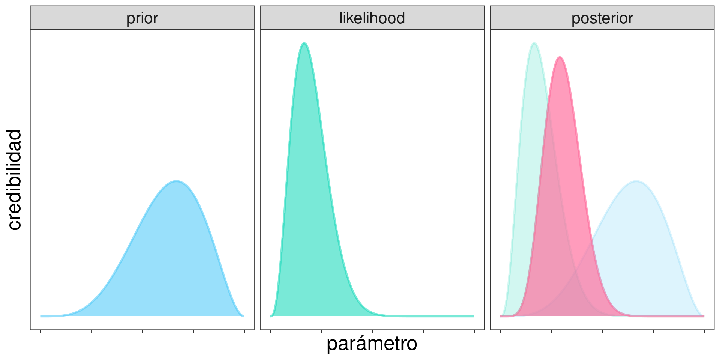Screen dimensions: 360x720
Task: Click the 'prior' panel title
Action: (x=142, y=18)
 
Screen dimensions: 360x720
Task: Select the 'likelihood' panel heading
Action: (x=372, y=18)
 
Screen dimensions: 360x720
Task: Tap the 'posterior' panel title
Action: (x=602, y=18)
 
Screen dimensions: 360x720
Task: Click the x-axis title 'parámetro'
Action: (x=372, y=343)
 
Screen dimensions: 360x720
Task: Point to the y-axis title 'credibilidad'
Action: (x=15, y=180)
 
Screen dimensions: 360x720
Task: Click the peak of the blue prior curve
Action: (x=176, y=181)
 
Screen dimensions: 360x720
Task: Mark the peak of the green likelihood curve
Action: (x=304, y=43)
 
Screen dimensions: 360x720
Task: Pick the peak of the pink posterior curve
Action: (x=559, y=57)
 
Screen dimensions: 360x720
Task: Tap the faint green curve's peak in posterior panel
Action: (x=534, y=43)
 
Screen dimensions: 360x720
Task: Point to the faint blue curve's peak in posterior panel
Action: (x=636, y=181)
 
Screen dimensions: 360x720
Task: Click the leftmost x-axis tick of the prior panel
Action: (x=40, y=331)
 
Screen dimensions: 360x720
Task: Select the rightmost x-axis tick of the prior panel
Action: (x=244, y=331)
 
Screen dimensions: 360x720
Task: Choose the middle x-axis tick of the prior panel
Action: (x=142, y=331)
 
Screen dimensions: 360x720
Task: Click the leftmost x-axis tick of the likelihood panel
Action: (x=270, y=331)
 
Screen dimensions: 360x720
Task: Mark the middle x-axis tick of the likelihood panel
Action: (x=372, y=331)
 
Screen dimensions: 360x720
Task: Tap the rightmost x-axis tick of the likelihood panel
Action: (x=474, y=331)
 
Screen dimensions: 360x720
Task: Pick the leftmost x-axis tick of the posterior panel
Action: (x=500, y=331)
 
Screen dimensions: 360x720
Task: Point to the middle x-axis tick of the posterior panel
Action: (x=602, y=331)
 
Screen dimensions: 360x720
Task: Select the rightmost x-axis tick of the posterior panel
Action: (x=704, y=331)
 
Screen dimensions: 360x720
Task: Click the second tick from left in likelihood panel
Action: (x=321, y=331)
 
